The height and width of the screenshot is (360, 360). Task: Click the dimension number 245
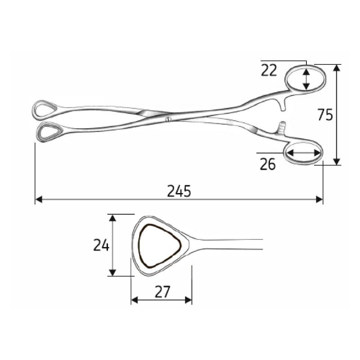(x=179, y=191)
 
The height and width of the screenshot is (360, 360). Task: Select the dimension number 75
(x=325, y=115)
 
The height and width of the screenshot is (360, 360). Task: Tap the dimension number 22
(x=269, y=70)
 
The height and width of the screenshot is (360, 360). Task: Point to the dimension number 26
(x=268, y=165)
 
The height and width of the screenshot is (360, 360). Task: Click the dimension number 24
(x=101, y=245)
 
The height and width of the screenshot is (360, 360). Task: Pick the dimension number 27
(x=162, y=292)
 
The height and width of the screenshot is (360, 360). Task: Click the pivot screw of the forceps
(x=168, y=119)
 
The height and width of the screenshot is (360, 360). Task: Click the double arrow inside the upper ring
(x=306, y=78)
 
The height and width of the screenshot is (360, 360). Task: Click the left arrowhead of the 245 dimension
(x=38, y=199)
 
